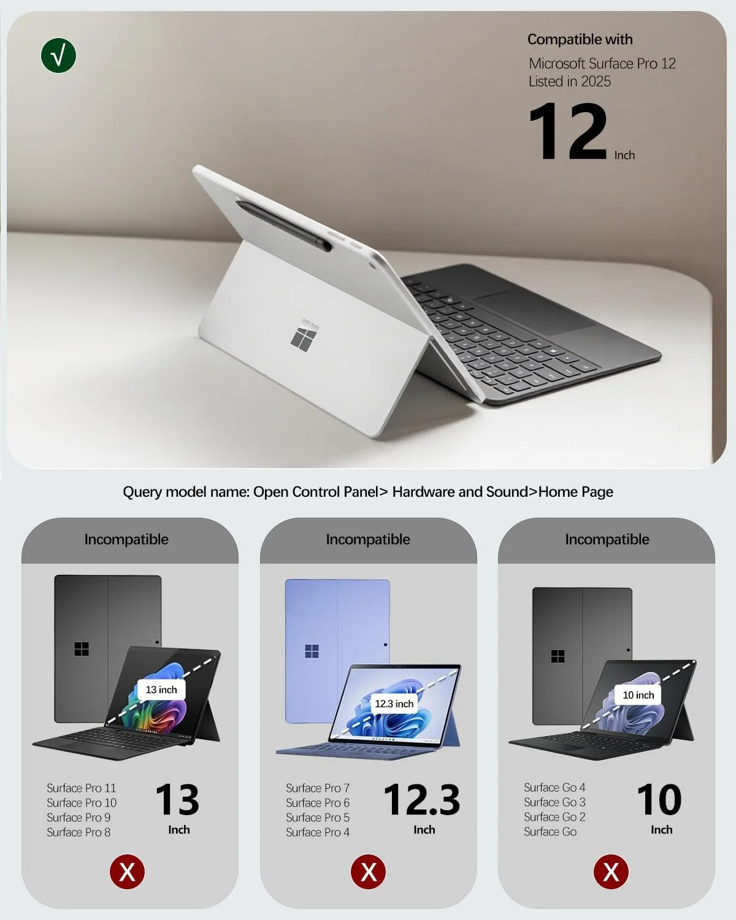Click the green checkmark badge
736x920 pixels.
pyautogui.click(x=58, y=56)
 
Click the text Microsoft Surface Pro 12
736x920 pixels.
pyautogui.click(x=602, y=64)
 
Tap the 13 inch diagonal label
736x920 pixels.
pyautogui.click(x=161, y=690)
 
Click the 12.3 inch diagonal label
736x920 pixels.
pyautogui.click(x=394, y=704)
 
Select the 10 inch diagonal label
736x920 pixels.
pyautogui.click(x=638, y=695)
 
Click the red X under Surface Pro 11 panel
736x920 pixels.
pyautogui.click(x=127, y=872)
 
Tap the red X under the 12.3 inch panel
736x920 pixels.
pyautogui.click(x=368, y=872)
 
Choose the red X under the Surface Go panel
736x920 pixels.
pyautogui.click(x=611, y=872)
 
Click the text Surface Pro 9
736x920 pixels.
pyautogui.click(x=79, y=818)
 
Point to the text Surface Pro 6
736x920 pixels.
pyautogui.click(x=318, y=803)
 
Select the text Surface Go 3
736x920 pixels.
pyautogui.click(x=554, y=802)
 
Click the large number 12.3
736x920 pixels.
pyautogui.click(x=422, y=800)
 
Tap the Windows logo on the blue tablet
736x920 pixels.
pyautogui.click(x=312, y=651)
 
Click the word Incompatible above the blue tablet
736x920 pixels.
pyautogui.click(x=368, y=540)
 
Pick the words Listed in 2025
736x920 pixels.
pyautogui.click(x=570, y=82)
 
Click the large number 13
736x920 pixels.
pyautogui.click(x=177, y=800)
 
